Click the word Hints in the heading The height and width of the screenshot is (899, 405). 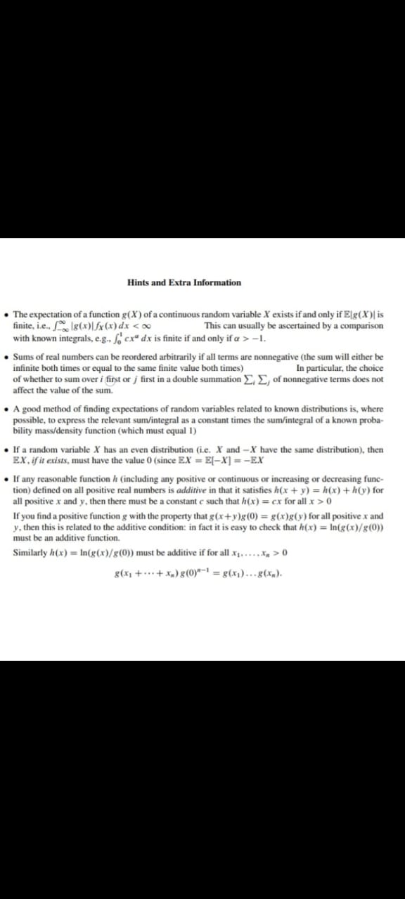(x=138, y=283)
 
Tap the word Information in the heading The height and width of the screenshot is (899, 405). (x=217, y=283)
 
